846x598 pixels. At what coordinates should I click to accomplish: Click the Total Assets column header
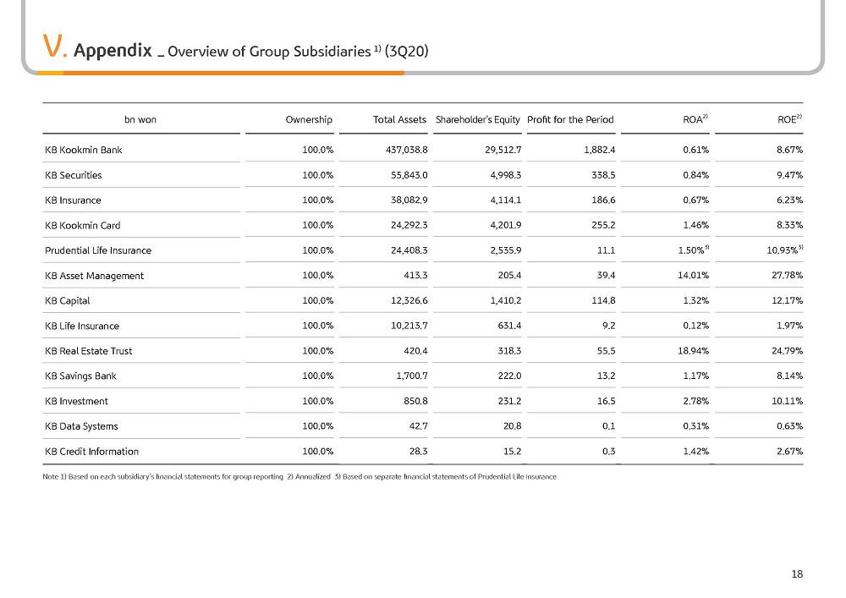[x=399, y=120]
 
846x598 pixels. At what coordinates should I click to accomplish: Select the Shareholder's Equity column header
[x=477, y=120]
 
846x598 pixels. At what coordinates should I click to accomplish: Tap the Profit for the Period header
[x=570, y=120]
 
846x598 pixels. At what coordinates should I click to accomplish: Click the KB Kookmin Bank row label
[x=84, y=150]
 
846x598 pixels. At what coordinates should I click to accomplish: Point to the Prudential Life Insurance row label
[x=98, y=250]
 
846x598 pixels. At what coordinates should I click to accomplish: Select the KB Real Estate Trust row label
[x=89, y=351]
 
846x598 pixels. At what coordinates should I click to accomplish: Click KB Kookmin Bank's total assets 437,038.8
[x=407, y=150]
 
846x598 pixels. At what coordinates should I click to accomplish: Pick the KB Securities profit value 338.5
[x=603, y=175]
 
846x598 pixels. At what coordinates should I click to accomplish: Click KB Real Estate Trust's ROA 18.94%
[x=694, y=351]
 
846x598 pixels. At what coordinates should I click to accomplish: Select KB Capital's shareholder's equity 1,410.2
[x=506, y=300]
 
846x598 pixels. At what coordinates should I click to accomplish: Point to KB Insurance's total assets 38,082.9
[x=409, y=200]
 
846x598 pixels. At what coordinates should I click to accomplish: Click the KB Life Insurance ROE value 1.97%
[x=790, y=326]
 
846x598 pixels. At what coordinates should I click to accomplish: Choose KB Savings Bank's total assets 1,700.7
[x=412, y=376]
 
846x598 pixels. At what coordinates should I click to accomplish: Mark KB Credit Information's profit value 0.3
[x=608, y=452]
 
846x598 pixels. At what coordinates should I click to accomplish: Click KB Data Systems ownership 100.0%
[x=318, y=426]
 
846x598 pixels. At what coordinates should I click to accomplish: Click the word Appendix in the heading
[x=113, y=50]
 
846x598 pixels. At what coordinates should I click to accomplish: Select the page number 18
[x=797, y=574]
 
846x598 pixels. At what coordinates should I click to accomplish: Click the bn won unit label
[x=140, y=120]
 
